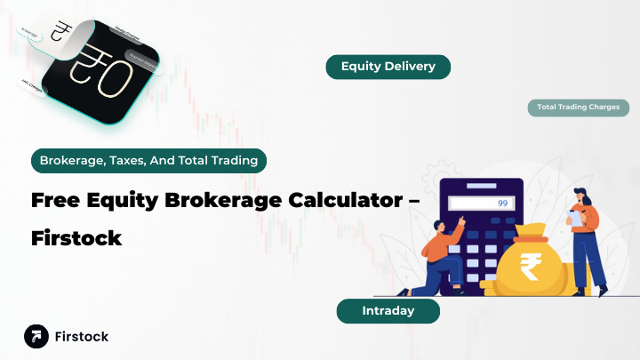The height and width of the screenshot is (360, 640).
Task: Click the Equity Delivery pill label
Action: (x=387, y=67)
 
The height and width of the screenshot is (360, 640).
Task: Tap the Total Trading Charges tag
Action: (x=578, y=108)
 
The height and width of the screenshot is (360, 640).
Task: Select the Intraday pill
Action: (x=388, y=311)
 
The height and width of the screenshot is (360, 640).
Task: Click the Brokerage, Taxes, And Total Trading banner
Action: (x=148, y=161)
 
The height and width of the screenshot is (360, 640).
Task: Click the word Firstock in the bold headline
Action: (x=76, y=239)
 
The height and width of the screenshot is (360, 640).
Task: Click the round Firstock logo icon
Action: (x=36, y=337)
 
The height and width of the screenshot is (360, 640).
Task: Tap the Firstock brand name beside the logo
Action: (x=82, y=337)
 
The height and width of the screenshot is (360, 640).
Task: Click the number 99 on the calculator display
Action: (x=502, y=204)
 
